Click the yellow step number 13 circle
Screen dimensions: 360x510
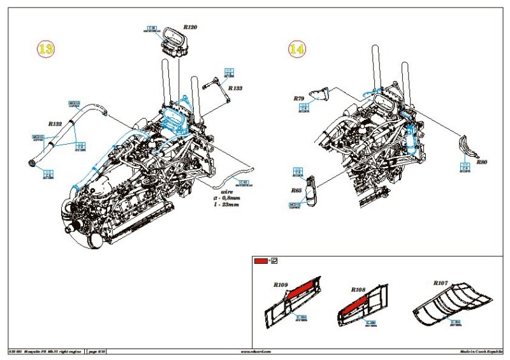pyautogui.click(x=45, y=50)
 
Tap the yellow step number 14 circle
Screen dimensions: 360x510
pyautogui.click(x=296, y=48)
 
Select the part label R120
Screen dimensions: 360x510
pyautogui.click(x=190, y=27)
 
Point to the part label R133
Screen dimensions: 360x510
pyautogui.click(x=235, y=89)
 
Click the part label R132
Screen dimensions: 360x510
pyautogui.click(x=55, y=125)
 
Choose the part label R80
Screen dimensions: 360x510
pyautogui.click(x=481, y=162)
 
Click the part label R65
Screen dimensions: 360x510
pyautogui.click(x=296, y=190)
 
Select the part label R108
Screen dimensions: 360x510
pyautogui.click(x=358, y=290)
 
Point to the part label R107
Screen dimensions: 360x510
pyautogui.click(x=441, y=282)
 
